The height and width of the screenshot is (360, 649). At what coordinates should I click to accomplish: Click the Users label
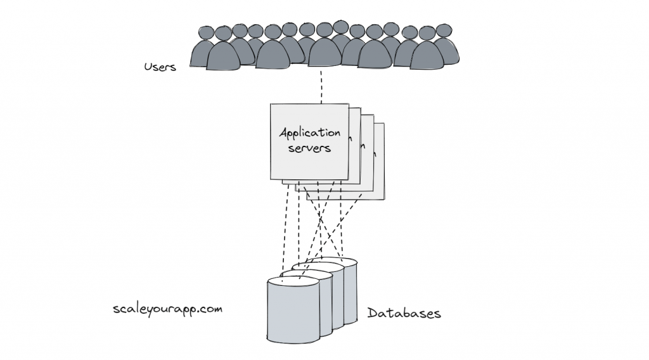tap(160, 66)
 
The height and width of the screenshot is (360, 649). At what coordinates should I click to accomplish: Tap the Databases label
tap(404, 313)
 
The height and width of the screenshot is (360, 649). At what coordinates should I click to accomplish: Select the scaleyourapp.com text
tap(167, 309)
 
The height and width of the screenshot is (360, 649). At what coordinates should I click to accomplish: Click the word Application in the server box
tap(310, 134)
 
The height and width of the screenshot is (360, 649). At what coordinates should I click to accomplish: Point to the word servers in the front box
tap(310, 149)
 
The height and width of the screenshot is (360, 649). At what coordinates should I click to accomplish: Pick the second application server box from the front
tap(356, 152)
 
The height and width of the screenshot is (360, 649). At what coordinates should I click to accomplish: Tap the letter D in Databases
tap(372, 313)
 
